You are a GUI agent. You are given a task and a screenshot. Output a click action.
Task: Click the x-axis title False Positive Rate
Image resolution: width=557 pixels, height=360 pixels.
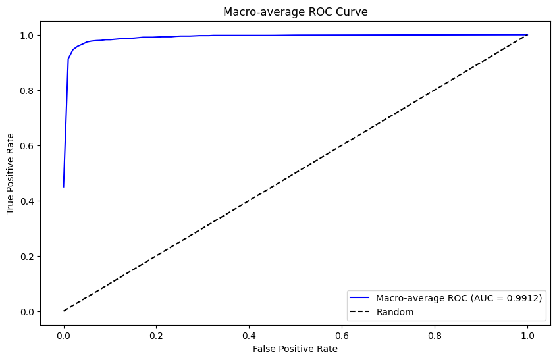295,349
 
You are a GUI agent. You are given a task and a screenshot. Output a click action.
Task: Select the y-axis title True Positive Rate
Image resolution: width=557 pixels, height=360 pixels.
11,172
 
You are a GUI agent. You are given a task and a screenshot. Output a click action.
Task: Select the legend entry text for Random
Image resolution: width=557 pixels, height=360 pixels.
395,312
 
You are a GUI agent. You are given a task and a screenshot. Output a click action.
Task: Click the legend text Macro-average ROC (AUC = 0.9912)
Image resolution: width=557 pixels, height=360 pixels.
459,298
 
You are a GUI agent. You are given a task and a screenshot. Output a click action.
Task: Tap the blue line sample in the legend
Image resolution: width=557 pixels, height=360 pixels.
361,298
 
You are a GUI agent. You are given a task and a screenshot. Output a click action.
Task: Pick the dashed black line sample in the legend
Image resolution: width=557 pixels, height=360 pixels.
361,312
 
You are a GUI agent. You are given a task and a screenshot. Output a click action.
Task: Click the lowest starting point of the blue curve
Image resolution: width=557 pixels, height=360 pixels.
64,186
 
